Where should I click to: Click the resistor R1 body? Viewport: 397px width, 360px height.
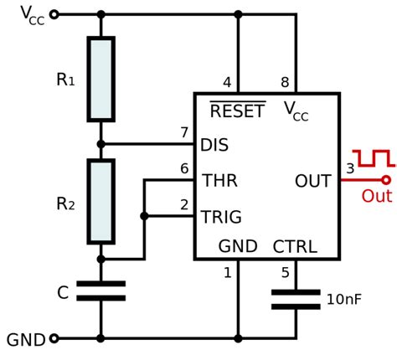tap(101, 79)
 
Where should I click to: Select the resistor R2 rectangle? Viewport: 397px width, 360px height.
tap(101, 202)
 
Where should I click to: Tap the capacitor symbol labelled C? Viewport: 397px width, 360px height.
tap(101, 291)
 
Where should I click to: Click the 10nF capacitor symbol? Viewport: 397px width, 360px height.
tap(296, 300)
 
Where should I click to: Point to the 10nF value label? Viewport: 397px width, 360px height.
tap(344, 299)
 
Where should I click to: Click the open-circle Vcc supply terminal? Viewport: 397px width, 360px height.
tap(54, 14)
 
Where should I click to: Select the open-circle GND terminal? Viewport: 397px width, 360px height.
tap(54, 339)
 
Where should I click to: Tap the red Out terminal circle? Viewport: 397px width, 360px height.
tap(386, 180)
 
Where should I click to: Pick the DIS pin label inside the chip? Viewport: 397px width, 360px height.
tap(214, 145)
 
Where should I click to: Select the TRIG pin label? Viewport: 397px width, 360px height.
tap(221, 217)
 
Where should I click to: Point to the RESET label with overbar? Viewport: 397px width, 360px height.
tap(237, 111)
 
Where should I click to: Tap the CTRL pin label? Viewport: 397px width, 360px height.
tap(295, 247)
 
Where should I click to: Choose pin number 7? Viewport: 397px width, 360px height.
tap(184, 132)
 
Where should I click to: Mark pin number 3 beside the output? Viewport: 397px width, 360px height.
tap(350, 168)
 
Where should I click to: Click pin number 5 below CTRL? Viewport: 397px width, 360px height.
tap(285, 272)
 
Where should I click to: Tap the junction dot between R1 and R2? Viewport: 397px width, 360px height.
tap(101, 144)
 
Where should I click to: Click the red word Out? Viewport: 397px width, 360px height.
tap(376, 197)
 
